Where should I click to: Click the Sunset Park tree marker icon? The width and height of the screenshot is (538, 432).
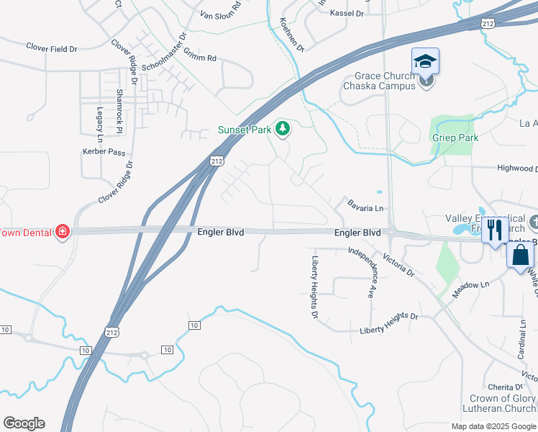point(283,128)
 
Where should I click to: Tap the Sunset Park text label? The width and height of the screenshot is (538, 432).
point(245,130)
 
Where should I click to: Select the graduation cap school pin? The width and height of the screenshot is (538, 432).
point(425,62)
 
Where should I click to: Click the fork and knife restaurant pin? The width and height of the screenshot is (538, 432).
point(493,230)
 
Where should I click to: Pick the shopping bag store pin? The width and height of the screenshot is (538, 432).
point(521,255)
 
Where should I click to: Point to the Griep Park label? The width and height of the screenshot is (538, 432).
point(450,135)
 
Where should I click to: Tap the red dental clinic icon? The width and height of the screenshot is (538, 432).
point(63,231)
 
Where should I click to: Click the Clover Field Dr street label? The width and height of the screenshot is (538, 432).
point(51,49)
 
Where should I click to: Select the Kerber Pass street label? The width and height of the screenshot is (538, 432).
point(105,152)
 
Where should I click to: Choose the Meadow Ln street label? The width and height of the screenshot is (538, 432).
point(471,290)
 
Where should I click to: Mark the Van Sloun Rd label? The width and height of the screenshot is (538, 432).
point(221,14)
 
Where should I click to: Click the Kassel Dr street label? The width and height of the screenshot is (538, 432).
point(347,13)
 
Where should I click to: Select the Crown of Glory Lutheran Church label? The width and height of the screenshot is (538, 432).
point(503,404)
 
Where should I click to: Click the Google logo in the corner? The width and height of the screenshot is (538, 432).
point(24,423)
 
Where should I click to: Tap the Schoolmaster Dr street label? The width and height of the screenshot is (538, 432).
point(164,51)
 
